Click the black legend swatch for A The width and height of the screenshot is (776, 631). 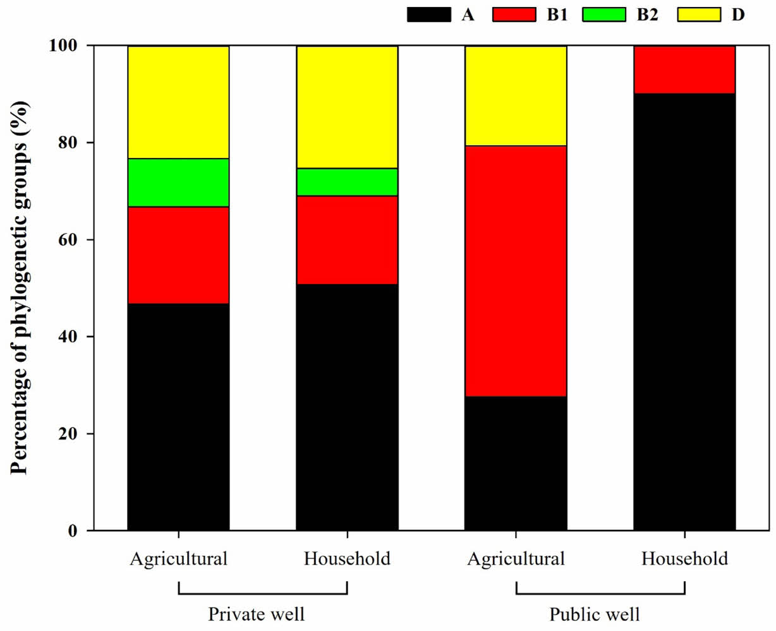pyautogui.click(x=429, y=14)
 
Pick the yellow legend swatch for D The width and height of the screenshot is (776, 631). pyautogui.click(x=699, y=14)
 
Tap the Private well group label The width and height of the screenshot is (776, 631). pyautogui.click(x=256, y=614)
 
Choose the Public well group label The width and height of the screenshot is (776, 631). pyautogui.click(x=594, y=614)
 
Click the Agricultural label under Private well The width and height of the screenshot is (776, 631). pyautogui.click(x=178, y=559)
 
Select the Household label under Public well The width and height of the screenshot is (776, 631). pyautogui.click(x=684, y=559)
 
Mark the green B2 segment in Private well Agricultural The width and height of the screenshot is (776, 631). pyautogui.click(x=178, y=183)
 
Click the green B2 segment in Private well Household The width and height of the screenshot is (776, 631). pyautogui.click(x=347, y=182)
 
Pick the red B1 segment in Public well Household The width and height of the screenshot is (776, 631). pyautogui.click(x=684, y=69)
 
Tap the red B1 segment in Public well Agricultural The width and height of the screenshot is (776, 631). pyautogui.click(x=516, y=271)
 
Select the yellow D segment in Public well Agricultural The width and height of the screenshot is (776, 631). pyautogui.click(x=516, y=96)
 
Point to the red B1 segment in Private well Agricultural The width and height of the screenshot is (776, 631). pyautogui.click(x=178, y=255)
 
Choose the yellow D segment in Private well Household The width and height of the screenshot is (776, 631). pyautogui.click(x=347, y=107)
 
